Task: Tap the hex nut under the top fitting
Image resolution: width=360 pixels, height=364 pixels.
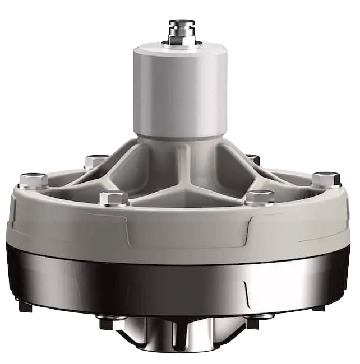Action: (181, 40)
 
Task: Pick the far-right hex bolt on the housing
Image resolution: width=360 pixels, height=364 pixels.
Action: (326, 179)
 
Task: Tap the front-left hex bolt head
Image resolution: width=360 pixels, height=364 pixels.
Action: (114, 198)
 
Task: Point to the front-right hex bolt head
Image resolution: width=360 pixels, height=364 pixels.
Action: (260, 198)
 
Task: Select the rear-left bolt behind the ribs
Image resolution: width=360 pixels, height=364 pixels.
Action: (96, 161)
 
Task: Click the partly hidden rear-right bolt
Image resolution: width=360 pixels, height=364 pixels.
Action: (253, 159)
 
